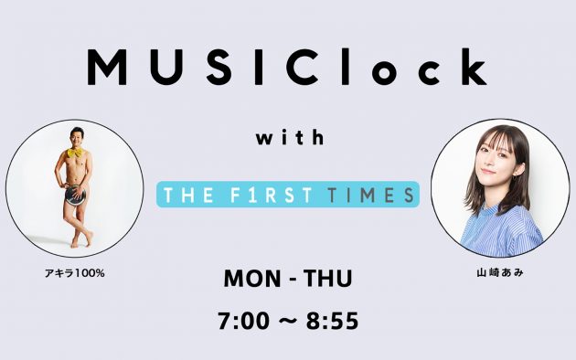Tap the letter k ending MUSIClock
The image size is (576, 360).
473,67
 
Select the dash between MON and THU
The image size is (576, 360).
288,280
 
